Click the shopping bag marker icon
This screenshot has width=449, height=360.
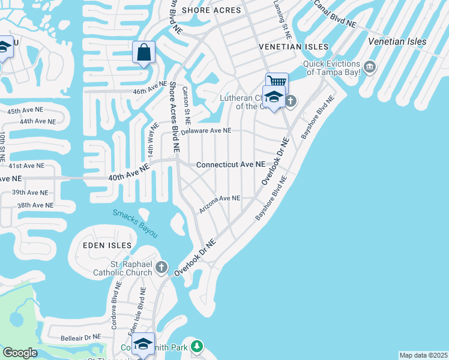pos(144,52)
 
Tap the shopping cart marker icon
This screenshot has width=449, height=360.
pos(277,82)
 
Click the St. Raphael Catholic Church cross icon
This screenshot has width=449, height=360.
pos(161,266)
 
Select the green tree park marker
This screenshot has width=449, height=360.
pos(197,346)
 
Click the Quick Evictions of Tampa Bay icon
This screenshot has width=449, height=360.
pos(369,65)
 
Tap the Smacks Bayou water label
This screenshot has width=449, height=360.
pos(135,223)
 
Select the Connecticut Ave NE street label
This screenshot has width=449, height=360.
pos(230,164)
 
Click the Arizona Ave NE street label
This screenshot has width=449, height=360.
pos(220,198)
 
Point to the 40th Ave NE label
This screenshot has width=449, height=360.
pos(128,173)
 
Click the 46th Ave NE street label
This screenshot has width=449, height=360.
pos(149,88)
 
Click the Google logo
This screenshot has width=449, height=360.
pos(20,353)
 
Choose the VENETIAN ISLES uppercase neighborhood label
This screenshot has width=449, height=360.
pos(294,46)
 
